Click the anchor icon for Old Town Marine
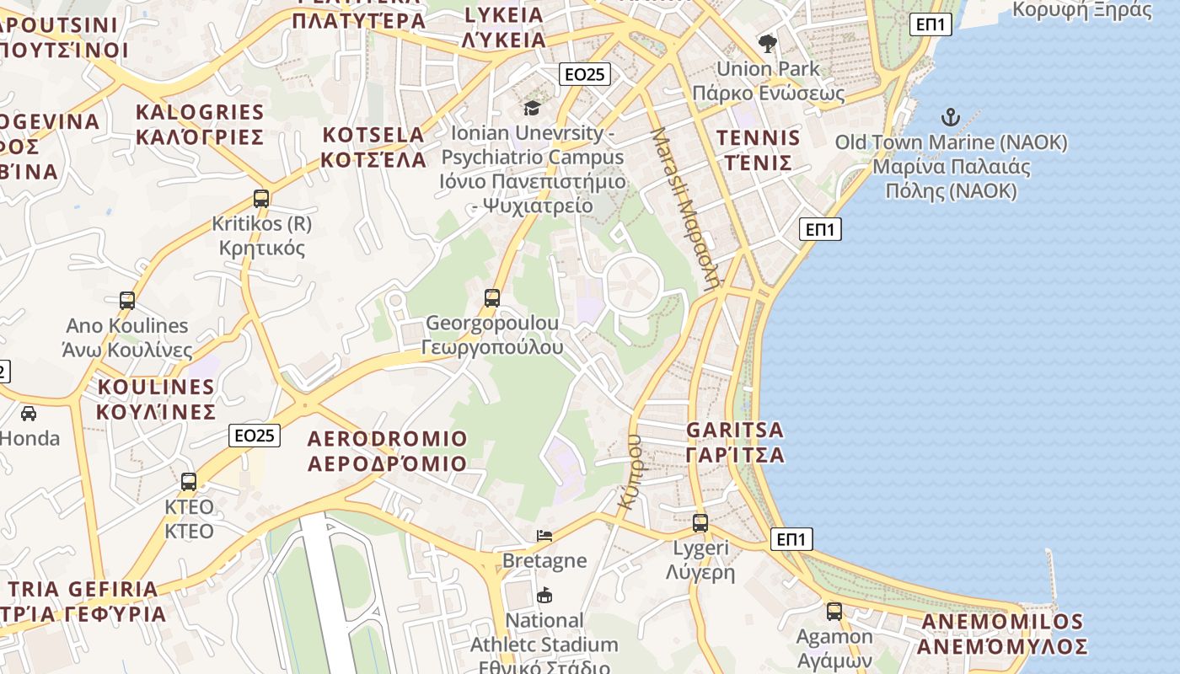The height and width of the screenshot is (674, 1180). (x=951, y=117)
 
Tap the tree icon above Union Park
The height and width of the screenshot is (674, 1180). (x=767, y=43)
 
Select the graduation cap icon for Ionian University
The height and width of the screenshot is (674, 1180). (x=532, y=108)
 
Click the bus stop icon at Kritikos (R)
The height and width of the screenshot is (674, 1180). (x=261, y=199)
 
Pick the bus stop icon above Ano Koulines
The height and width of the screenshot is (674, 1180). (x=127, y=300)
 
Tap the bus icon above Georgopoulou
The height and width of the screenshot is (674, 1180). (x=492, y=297)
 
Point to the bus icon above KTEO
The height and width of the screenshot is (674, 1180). (x=189, y=482)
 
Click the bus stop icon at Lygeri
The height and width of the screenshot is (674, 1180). (x=700, y=522)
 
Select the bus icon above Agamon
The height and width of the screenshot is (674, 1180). (x=834, y=612)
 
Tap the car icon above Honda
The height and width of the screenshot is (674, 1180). (x=29, y=413)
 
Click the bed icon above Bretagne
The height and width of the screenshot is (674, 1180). (x=544, y=535)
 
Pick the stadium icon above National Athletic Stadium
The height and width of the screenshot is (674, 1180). (x=544, y=595)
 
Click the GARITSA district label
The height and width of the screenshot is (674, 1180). (x=735, y=442)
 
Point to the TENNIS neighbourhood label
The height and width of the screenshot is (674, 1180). (x=758, y=150)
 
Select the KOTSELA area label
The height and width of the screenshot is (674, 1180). (x=374, y=147)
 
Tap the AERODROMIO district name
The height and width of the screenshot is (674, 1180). (x=387, y=451)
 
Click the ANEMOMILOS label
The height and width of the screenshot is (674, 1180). (x=1002, y=634)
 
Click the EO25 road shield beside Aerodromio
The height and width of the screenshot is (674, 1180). (x=255, y=436)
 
